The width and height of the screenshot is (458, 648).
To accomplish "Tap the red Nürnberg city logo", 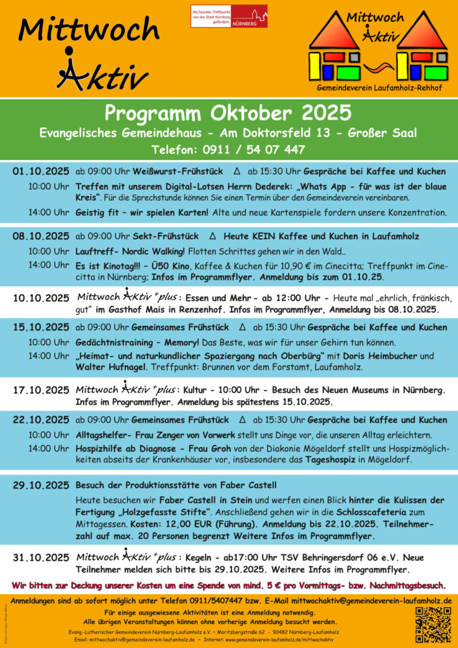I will [x=229, y=16].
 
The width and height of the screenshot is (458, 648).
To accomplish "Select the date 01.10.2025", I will [x=40, y=171].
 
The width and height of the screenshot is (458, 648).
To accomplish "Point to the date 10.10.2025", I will [x=40, y=297].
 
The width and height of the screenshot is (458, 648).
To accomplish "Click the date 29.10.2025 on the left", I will [x=40, y=485].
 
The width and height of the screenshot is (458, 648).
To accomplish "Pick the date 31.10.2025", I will [x=40, y=558].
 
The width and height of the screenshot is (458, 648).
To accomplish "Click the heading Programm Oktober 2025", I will [x=228, y=114].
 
